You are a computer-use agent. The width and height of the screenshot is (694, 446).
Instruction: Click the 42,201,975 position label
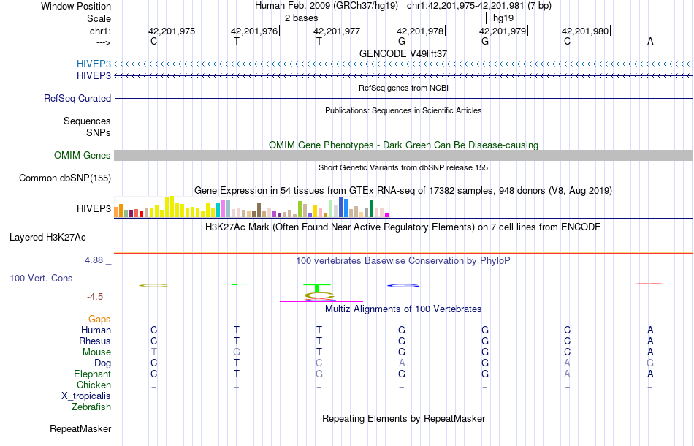tap(172, 31)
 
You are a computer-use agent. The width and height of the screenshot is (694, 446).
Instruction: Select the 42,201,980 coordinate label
tap(585, 31)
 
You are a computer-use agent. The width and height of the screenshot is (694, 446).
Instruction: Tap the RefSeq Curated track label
tap(77, 98)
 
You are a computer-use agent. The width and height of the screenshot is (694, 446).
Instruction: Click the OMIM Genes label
tap(83, 155)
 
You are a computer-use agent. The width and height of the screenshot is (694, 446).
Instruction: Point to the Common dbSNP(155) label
tap(65, 178)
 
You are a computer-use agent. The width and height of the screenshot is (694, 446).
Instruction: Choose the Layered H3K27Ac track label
tap(47, 237)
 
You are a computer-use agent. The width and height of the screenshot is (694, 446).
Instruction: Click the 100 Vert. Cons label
tap(41, 279)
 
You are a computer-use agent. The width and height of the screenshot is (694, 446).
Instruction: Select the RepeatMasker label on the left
tap(80, 428)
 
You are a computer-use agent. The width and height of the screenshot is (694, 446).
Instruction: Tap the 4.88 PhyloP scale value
tap(96, 260)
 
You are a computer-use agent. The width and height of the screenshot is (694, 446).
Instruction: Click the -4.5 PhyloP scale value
tap(96, 296)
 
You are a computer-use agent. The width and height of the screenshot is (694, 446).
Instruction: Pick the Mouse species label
tap(96, 352)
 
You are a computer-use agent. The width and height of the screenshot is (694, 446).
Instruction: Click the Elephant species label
tap(93, 374)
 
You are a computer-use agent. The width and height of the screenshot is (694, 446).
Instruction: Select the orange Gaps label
tap(99, 319)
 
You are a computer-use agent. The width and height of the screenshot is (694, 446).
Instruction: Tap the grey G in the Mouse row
tap(236, 352)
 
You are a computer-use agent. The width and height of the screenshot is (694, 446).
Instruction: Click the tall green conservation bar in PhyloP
tap(317, 288)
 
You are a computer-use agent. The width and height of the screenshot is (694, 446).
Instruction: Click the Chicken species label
tap(94, 385)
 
